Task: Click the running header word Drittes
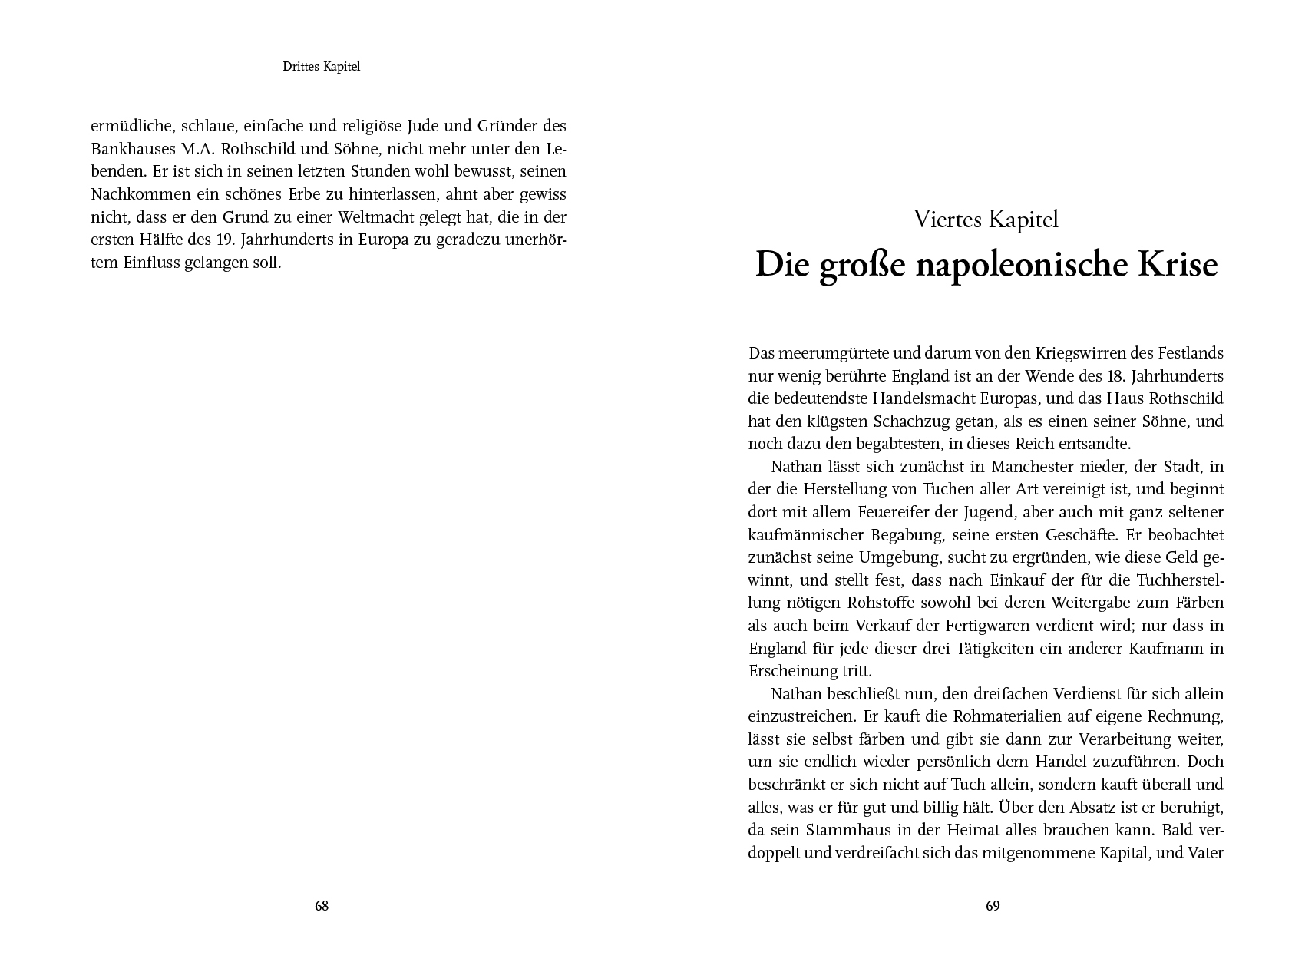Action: (x=302, y=67)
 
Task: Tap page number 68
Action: (x=322, y=906)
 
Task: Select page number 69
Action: (x=993, y=906)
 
